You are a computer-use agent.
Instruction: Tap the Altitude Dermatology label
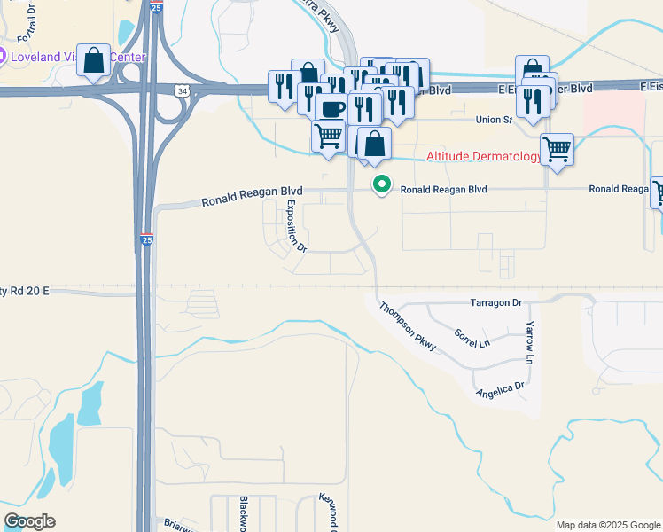(x=484, y=156)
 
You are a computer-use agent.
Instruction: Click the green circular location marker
(x=382, y=184)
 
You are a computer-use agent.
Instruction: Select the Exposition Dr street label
(x=295, y=224)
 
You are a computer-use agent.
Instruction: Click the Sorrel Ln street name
(x=472, y=337)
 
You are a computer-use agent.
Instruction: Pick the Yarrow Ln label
(x=530, y=343)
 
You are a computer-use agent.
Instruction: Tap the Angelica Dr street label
(x=500, y=387)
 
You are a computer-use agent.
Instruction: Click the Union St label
(x=495, y=120)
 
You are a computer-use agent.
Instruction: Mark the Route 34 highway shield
(x=182, y=90)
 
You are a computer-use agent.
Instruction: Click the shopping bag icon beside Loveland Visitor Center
(x=94, y=60)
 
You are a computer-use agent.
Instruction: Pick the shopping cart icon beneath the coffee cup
(x=328, y=137)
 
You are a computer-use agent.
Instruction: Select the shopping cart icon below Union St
(x=557, y=148)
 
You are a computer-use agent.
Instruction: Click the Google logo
(x=29, y=521)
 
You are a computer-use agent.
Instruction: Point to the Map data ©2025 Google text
(x=607, y=525)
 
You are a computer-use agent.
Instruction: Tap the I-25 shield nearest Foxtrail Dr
(x=155, y=6)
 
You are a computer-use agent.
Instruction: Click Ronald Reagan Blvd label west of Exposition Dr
(x=252, y=196)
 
